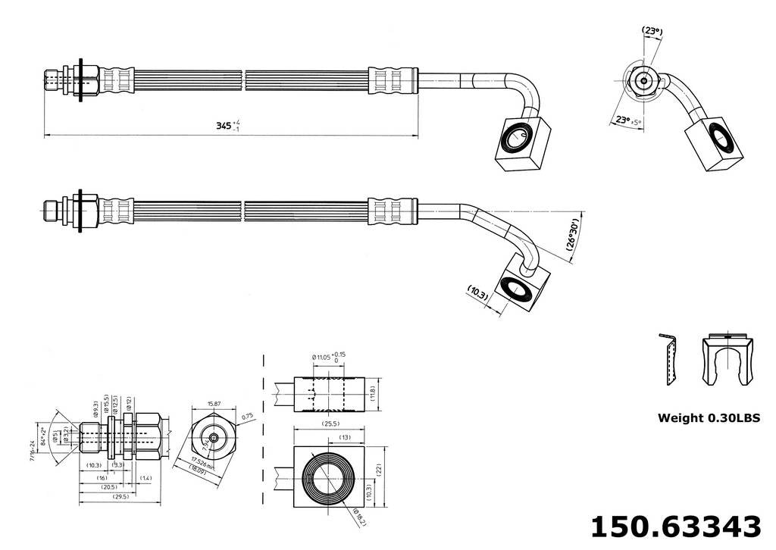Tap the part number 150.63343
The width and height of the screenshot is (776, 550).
675,526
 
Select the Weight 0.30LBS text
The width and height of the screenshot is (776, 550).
709,417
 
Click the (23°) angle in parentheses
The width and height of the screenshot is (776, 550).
652,32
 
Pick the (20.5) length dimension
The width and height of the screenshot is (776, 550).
110,488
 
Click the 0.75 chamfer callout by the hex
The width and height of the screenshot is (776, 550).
245,416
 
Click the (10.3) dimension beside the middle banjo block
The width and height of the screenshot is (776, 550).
477,292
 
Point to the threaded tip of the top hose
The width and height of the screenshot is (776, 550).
52,78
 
